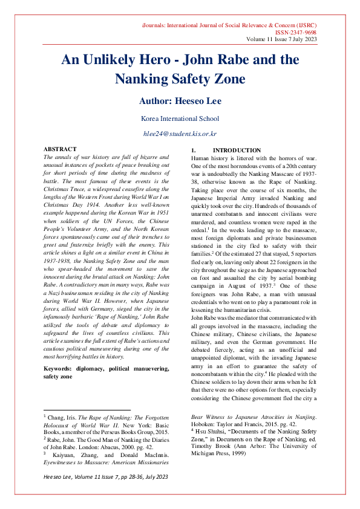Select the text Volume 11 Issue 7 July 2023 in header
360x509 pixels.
(281, 39)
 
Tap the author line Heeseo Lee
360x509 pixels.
(180, 101)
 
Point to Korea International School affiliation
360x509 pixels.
(180, 118)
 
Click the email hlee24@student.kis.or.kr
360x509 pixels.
(180, 133)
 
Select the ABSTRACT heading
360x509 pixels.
(60, 149)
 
